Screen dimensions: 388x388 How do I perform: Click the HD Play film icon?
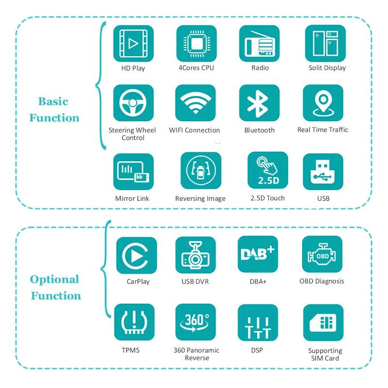(133, 44)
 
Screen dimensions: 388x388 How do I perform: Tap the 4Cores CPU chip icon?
(196, 44)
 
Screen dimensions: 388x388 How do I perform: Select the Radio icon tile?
(259, 44)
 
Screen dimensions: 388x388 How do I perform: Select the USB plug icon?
(323, 172)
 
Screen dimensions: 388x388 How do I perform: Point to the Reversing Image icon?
(200, 171)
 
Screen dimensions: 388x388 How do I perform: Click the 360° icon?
(195, 323)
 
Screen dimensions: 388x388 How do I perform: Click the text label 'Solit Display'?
(327, 68)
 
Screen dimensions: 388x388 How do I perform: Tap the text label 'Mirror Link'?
(132, 198)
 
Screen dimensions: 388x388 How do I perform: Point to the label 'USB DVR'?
(195, 282)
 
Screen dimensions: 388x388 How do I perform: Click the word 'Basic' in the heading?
(53, 102)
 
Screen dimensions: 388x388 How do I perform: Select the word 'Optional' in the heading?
(54, 280)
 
